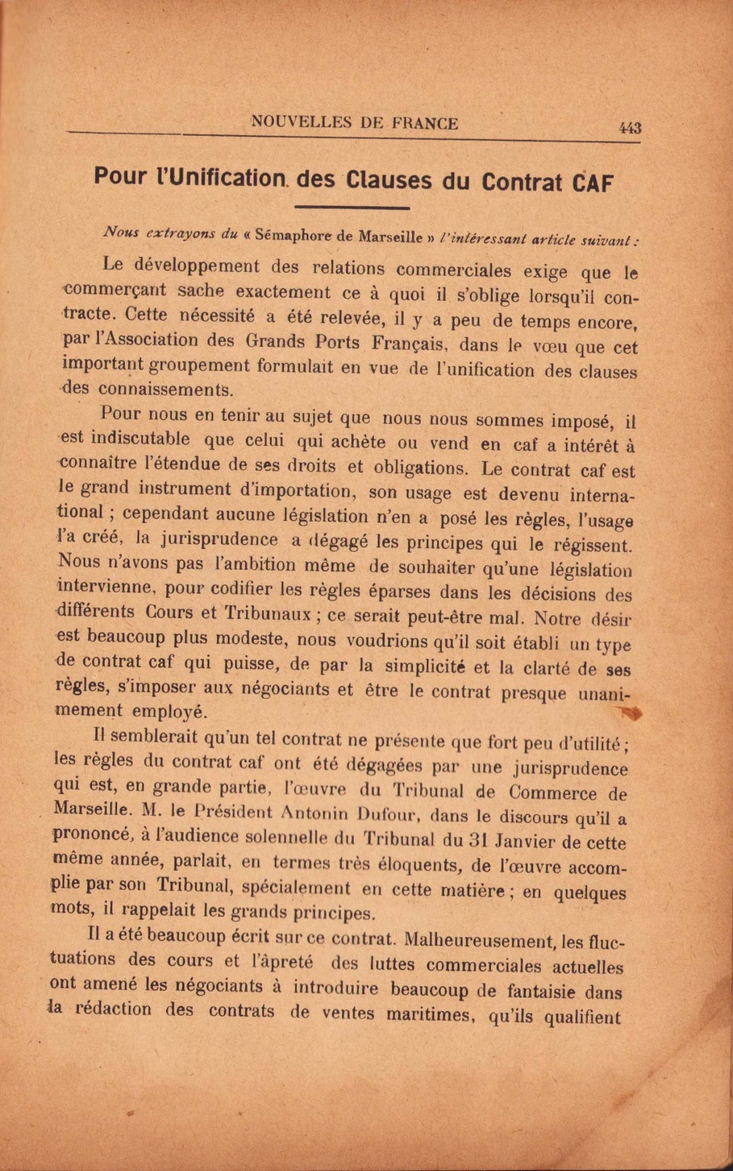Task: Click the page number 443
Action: pos(629,128)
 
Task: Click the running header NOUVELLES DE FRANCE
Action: pos(354,123)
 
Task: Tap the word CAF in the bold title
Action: pos(592,183)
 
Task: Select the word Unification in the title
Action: pos(227,178)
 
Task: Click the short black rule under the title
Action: pos(352,208)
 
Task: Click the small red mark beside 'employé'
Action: pos(630,712)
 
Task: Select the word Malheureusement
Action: pos(487,941)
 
